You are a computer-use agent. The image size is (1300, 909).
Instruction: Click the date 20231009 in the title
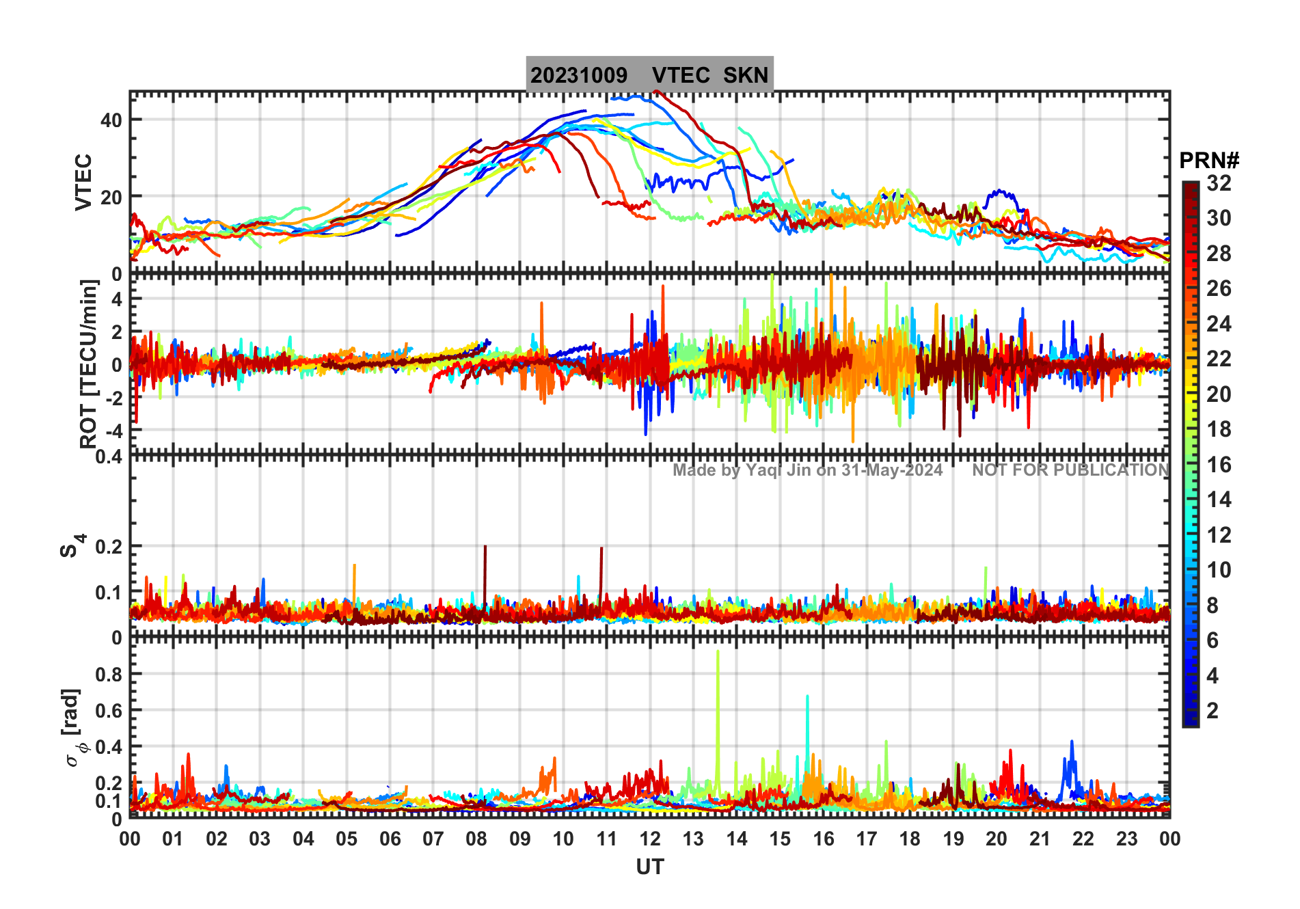pyautogui.click(x=579, y=75)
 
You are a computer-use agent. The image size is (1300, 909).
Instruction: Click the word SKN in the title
pyautogui.click(x=746, y=75)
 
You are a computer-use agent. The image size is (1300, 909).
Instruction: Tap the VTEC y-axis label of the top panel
pyautogui.click(x=83, y=182)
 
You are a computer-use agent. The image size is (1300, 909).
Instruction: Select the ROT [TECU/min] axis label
pyautogui.click(x=88, y=364)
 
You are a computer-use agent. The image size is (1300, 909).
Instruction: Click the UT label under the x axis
pyautogui.click(x=649, y=867)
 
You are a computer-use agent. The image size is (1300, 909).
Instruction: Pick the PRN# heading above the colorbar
pyautogui.click(x=1209, y=161)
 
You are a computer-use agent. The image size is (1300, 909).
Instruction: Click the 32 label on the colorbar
pyautogui.click(x=1219, y=183)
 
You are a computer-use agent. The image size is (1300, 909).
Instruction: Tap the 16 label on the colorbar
pyautogui.click(x=1219, y=465)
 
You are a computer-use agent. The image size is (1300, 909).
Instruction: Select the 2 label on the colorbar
pyautogui.click(x=1213, y=711)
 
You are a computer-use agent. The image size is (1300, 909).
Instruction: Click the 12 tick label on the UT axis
pyautogui.click(x=650, y=839)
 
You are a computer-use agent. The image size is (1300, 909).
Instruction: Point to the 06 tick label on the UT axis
pyautogui.click(x=390, y=839)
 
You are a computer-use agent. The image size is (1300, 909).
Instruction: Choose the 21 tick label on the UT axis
pyautogui.click(x=1040, y=839)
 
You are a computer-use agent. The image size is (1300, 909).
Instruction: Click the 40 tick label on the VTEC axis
pyautogui.click(x=111, y=120)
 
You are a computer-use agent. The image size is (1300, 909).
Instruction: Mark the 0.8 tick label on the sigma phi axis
pyautogui.click(x=109, y=674)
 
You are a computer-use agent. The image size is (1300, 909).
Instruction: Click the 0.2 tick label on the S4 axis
pyautogui.click(x=109, y=547)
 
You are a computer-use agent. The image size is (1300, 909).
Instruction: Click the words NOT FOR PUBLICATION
pyautogui.click(x=1070, y=470)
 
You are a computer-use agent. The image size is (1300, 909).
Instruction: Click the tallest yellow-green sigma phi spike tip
pyautogui.click(x=718, y=652)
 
